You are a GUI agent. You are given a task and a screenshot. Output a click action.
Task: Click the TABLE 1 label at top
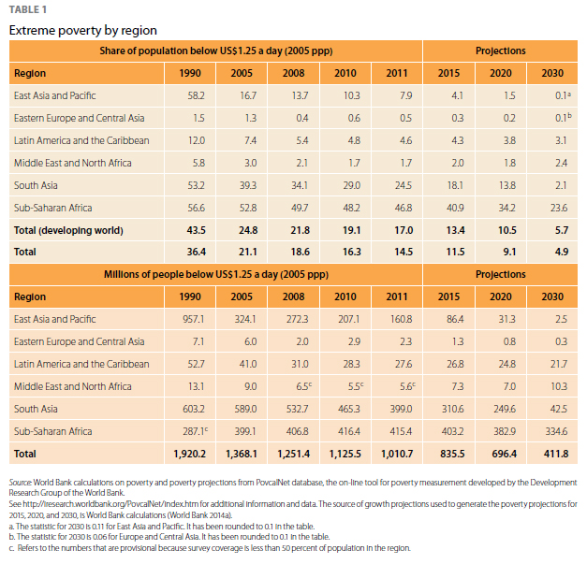click(29, 10)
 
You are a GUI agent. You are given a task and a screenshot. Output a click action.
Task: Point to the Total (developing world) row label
click(68, 230)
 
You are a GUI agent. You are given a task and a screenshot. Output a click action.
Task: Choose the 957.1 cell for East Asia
click(193, 319)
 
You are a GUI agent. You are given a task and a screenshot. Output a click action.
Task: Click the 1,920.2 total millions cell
click(190, 454)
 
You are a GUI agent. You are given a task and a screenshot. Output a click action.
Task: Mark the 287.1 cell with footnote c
click(192, 431)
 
